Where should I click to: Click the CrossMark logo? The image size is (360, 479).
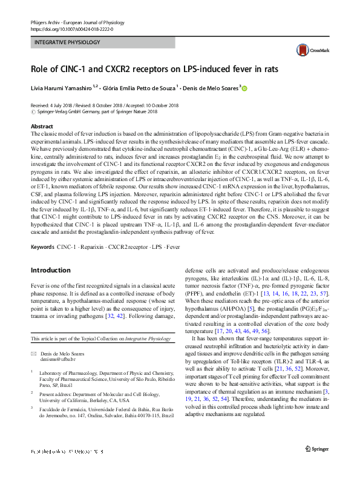click(x=307, y=50)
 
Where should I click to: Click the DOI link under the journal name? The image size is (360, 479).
click(x=71, y=28)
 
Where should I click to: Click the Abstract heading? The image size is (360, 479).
click(x=42, y=127)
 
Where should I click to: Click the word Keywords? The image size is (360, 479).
click(x=42, y=248)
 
